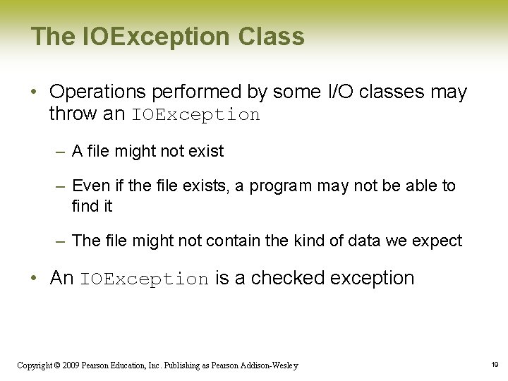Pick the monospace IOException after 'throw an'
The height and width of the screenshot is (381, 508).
point(195,114)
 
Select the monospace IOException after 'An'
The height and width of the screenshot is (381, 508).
point(144,279)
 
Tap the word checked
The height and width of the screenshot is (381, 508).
point(287,278)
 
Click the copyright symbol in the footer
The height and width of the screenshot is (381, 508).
point(59,365)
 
